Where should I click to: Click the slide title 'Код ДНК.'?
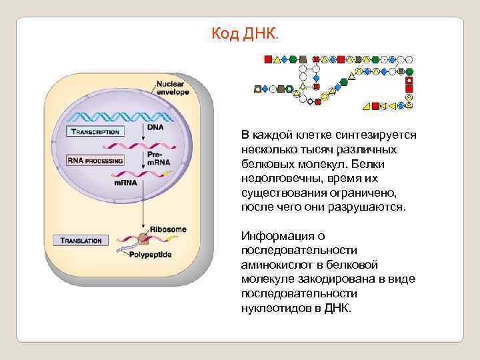pyautogui.click(x=246, y=33)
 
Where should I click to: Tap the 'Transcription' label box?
pyautogui.click(x=94, y=132)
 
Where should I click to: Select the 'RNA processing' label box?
pyautogui.click(x=95, y=161)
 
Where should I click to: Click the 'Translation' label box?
pyautogui.click(x=81, y=240)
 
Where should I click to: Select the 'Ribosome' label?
pyautogui.click(x=168, y=229)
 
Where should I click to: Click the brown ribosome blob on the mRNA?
pyautogui.click(x=142, y=238)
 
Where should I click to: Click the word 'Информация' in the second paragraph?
pyautogui.click(x=274, y=235)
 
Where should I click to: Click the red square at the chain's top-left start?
pyautogui.click(x=268, y=59)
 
